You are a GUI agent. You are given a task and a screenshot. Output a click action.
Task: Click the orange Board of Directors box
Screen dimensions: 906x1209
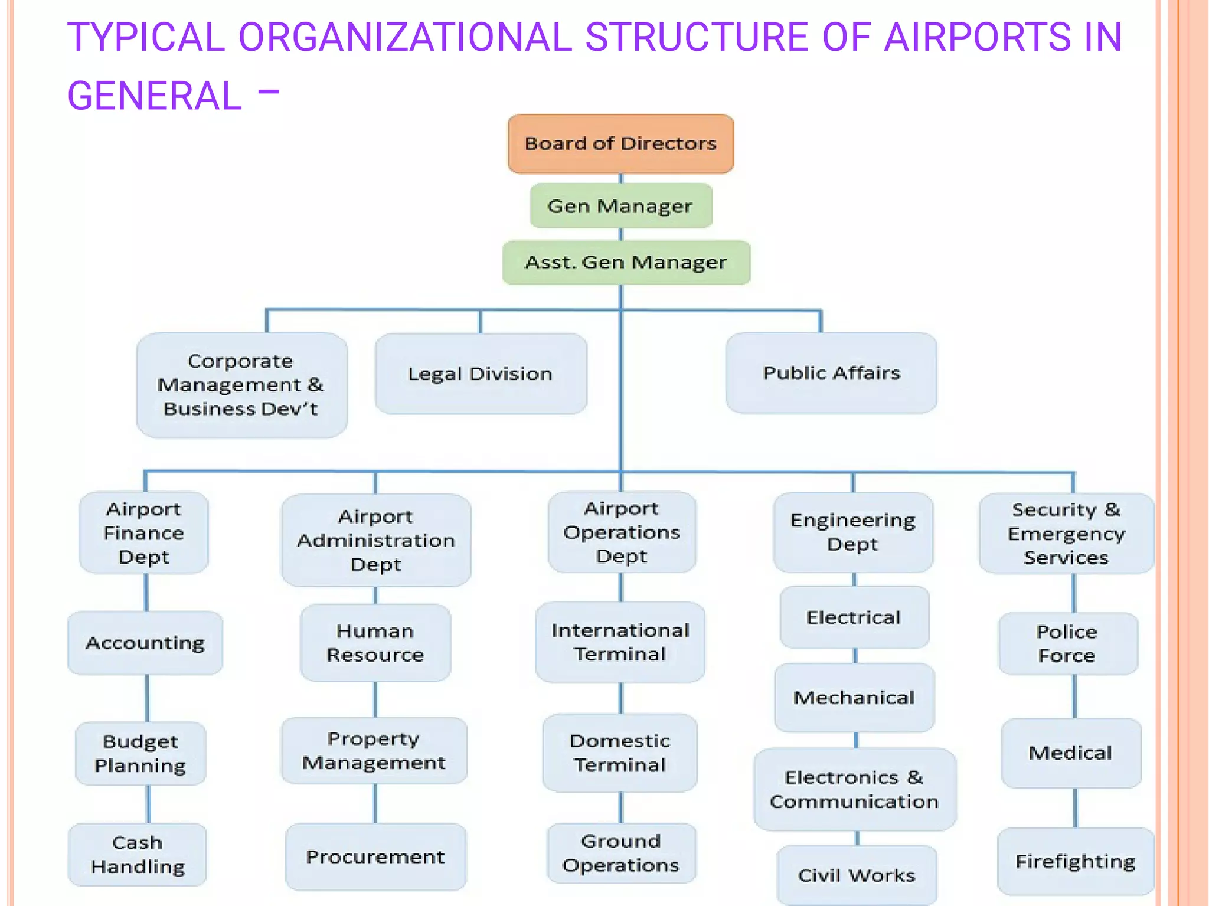pyautogui.click(x=620, y=143)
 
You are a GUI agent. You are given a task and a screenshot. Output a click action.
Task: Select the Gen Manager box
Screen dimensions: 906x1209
pyautogui.click(x=620, y=206)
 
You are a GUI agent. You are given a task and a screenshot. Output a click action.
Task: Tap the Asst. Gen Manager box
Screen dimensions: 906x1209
pyautogui.click(x=626, y=262)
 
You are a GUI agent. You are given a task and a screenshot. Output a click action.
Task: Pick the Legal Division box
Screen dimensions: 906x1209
pyautogui.click(x=481, y=374)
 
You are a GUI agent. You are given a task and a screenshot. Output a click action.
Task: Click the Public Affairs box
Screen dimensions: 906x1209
pyautogui.click(x=831, y=372)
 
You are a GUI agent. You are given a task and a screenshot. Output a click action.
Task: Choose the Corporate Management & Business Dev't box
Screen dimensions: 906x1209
pyautogui.click(x=241, y=385)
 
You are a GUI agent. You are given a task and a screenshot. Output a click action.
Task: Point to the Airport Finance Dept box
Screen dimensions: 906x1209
pyautogui.click(x=143, y=533)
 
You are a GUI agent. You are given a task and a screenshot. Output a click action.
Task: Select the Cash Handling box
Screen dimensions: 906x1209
pyautogui.click(x=138, y=854)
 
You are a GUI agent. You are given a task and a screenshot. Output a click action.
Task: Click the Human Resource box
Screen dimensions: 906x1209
pyautogui.click(x=375, y=643)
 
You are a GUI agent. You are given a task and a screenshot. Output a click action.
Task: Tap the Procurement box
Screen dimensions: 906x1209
pyautogui.click(x=375, y=856)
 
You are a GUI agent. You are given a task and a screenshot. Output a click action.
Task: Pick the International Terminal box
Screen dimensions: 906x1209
pyautogui.click(x=620, y=642)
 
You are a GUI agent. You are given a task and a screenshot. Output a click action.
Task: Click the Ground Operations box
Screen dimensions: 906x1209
pyautogui.click(x=621, y=853)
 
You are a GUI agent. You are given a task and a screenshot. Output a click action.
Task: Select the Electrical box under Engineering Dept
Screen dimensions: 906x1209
pyautogui.click(x=854, y=617)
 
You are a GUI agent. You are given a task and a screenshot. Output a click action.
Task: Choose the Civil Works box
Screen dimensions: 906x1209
pyautogui.click(x=857, y=875)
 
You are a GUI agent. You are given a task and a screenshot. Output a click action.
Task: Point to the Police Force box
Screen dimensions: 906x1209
pyautogui.click(x=1067, y=643)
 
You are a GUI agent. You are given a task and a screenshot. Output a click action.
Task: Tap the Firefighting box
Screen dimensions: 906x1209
pyautogui.click(x=1075, y=861)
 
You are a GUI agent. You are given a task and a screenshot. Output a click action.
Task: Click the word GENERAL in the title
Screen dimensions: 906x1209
pyautogui.click(x=155, y=96)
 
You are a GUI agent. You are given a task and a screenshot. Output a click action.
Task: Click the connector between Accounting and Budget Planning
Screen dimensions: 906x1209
pyautogui.click(x=147, y=698)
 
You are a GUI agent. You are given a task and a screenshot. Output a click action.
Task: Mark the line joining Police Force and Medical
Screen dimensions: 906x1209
pyautogui.click(x=1074, y=696)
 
